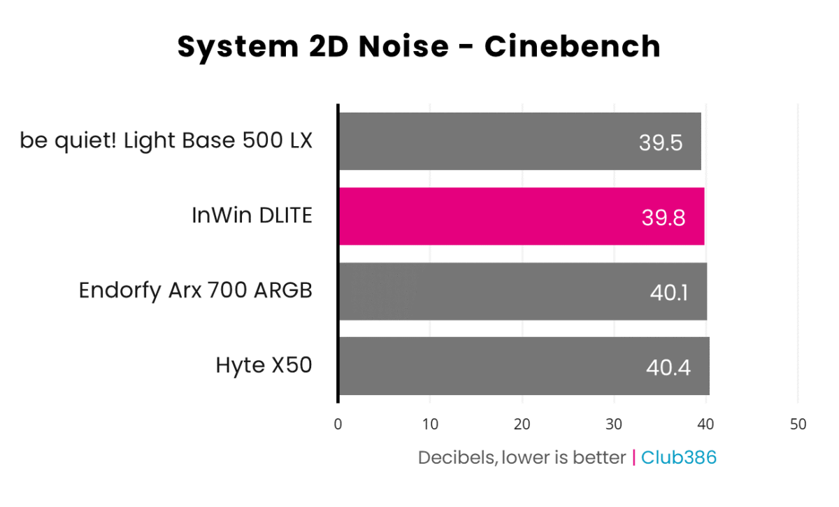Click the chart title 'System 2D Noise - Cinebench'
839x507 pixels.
tap(419, 47)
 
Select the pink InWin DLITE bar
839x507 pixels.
tap(521, 217)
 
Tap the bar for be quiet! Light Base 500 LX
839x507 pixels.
tap(519, 141)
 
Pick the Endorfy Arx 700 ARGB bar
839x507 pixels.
tap(522, 292)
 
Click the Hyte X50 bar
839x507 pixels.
tap(524, 366)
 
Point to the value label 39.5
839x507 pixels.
tap(660, 143)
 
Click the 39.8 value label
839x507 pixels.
tap(663, 217)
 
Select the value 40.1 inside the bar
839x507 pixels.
tap(668, 292)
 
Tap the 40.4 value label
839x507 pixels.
tap(668, 367)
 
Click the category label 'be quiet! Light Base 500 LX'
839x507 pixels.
tap(166, 141)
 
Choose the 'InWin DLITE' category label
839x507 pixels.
tap(252, 216)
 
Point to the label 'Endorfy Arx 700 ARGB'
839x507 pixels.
tap(195, 290)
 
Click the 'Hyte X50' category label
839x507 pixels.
tap(263, 365)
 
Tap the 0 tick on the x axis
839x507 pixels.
tap(338, 424)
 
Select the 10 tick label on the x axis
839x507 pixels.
tap(430, 424)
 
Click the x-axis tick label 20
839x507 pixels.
tap(522, 424)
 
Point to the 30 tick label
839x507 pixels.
tap(614, 424)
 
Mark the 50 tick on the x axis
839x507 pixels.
tap(798, 424)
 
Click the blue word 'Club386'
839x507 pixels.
tap(679, 457)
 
